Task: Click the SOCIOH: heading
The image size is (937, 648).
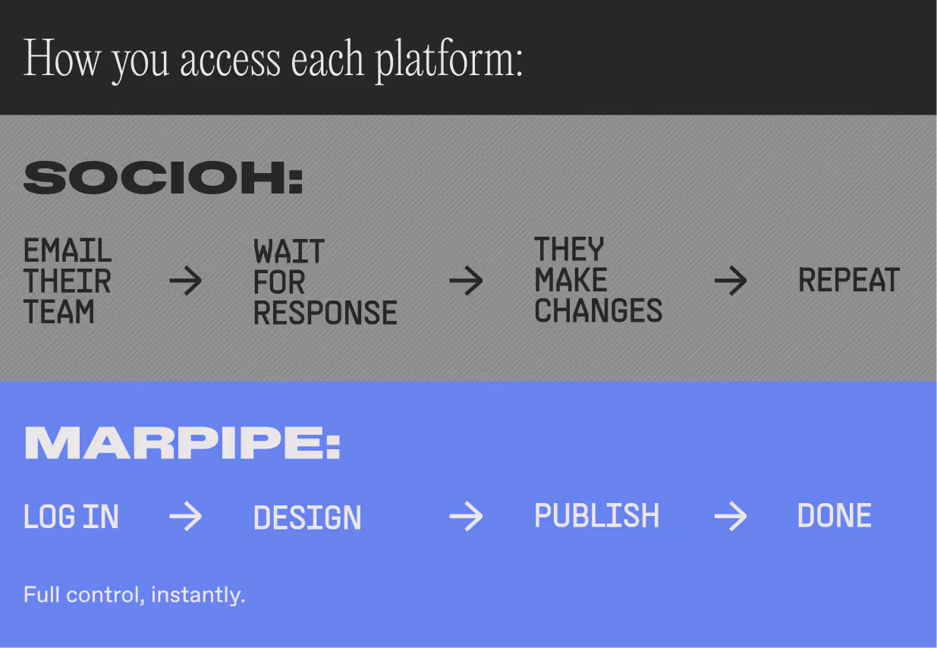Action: click(163, 178)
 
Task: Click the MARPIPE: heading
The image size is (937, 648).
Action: click(182, 443)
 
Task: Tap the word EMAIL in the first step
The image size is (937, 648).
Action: click(68, 250)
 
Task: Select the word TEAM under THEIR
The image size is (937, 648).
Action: click(58, 312)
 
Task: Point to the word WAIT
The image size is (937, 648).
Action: click(289, 251)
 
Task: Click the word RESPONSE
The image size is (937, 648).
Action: click(325, 313)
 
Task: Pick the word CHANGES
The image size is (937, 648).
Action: click(598, 311)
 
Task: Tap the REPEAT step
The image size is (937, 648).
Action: click(848, 281)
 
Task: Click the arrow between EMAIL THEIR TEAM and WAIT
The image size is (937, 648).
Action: click(185, 282)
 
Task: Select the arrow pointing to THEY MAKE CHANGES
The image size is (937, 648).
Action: click(466, 282)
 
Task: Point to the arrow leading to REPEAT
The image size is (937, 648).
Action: click(731, 282)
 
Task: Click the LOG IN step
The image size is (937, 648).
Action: click(71, 517)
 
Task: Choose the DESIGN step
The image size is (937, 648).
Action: click(307, 517)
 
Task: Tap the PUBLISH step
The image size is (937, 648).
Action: click(596, 516)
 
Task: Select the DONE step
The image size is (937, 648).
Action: click(834, 516)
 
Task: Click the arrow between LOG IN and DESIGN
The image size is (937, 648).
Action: click(185, 517)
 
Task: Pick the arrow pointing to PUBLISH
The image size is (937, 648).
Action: click(466, 517)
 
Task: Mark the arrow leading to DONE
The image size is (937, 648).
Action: click(731, 517)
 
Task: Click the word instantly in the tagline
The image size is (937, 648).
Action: click(197, 595)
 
